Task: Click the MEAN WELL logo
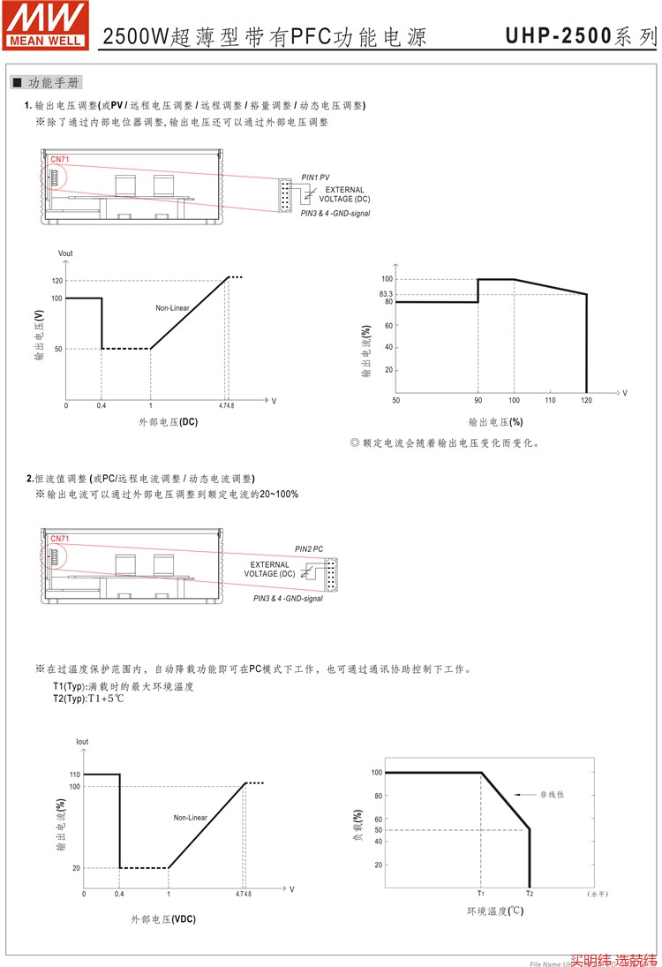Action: coord(46,24)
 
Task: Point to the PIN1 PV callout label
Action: coord(315,177)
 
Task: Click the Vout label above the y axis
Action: coord(65,253)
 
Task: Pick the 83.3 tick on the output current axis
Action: coord(386,294)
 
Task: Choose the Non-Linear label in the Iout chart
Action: coord(190,818)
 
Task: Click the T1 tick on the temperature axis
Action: coord(481,894)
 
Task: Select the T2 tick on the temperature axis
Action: coord(530,894)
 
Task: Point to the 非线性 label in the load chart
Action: coord(552,795)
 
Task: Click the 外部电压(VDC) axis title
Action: coord(163,918)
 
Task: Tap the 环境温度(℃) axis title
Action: coord(495,910)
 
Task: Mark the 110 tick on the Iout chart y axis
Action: coord(74,774)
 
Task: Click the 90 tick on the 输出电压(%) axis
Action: coord(478,401)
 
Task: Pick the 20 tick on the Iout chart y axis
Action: coord(76,868)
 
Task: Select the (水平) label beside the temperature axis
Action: coord(597,894)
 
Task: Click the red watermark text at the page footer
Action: coord(613,959)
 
